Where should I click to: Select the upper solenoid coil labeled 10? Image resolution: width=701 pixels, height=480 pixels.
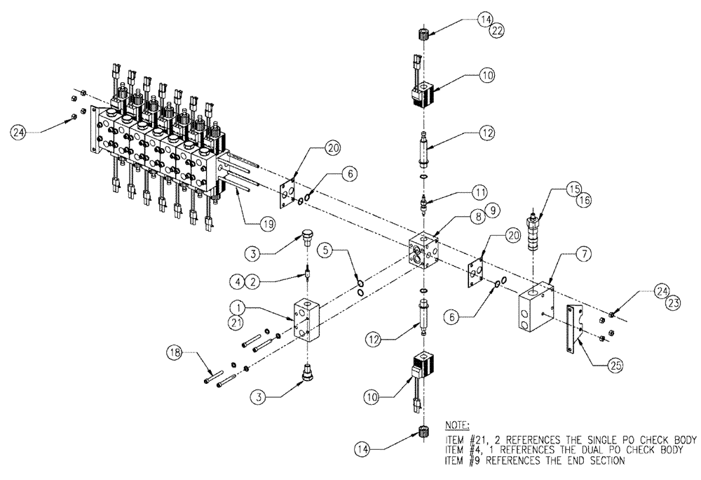tap(425, 95)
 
